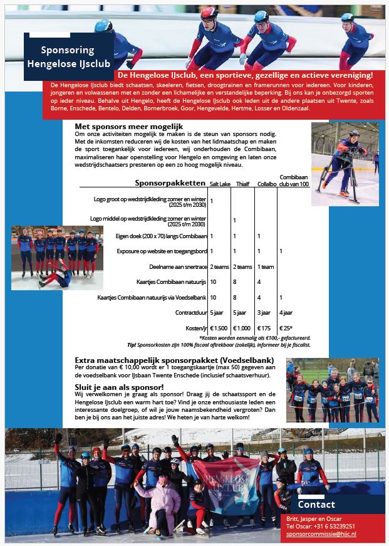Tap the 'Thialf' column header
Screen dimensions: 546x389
tap(242, 184)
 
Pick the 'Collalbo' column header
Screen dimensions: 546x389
tap(266, 184)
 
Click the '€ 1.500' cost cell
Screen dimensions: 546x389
tap(219, 328)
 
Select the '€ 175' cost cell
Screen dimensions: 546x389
tap(264, 328)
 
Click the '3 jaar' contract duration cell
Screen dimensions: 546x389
tap(264, 312)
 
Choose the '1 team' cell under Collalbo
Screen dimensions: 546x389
tap(266, 266)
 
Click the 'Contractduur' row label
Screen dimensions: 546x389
tap(190, 312)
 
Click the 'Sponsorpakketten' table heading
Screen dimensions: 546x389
tap(170, 183)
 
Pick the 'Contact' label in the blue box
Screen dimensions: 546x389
tap(316, 505)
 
